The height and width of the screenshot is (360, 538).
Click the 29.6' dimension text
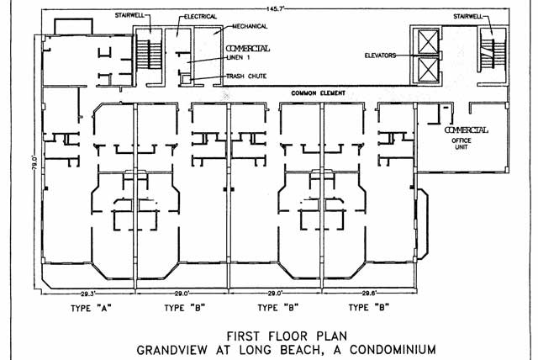371,293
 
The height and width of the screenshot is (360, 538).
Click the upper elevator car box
427,40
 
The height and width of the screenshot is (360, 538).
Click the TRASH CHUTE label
246,77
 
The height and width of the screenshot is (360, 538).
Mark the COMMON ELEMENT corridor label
320,92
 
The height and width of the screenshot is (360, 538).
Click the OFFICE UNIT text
467,146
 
